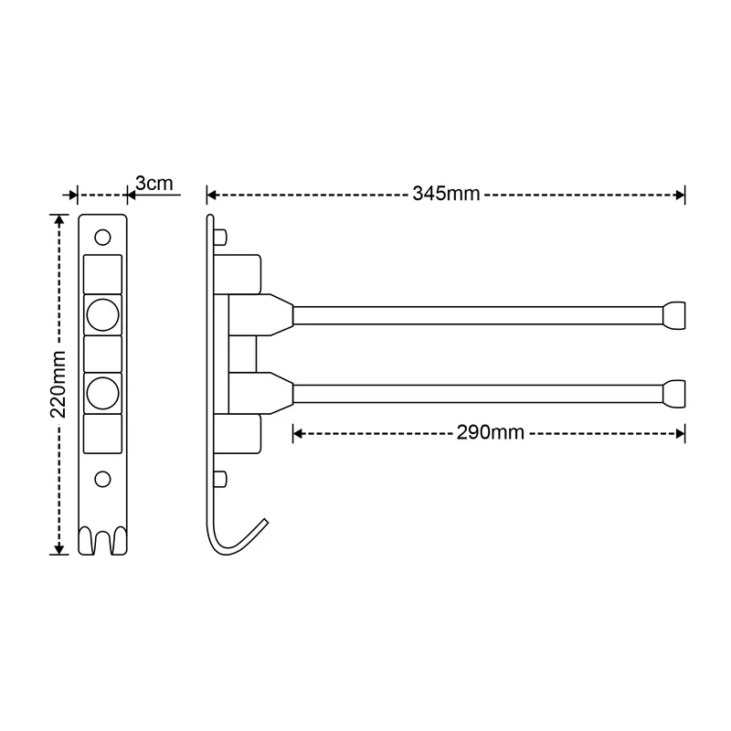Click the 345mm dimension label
coord(446,194)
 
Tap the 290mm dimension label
coord(491,432)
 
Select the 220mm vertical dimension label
coord(58,385)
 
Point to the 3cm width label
coord(154,184)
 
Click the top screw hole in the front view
coord(102,238)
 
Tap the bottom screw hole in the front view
coord(102,479)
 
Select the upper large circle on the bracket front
coord(102,314)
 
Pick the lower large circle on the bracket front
coord(102,393)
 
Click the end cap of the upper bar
coord(674,315)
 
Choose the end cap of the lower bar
coord(674,394)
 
